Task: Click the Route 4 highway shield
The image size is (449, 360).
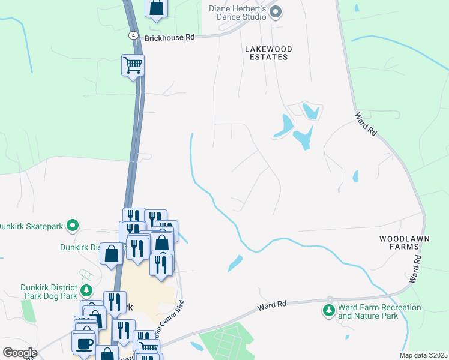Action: pos(132,36)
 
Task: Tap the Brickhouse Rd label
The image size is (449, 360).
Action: pos(170,37)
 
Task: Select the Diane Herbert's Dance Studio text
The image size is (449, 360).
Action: pos(237,13)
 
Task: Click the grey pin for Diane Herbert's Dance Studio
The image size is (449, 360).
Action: pos(276,12)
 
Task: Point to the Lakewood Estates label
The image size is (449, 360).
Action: pos(267,52)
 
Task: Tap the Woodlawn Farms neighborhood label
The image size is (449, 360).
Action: pos(406,242)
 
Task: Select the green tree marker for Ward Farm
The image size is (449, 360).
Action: pos(328,310)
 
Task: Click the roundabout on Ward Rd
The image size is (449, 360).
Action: pos(329,299)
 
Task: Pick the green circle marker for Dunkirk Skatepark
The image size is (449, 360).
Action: pos(73,226)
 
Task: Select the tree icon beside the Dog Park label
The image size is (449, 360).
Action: pos(86,290)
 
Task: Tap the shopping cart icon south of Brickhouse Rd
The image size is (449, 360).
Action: pos(133,64)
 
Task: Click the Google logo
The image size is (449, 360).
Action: pos(20,353)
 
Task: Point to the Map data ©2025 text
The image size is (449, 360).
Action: pos(423,355)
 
